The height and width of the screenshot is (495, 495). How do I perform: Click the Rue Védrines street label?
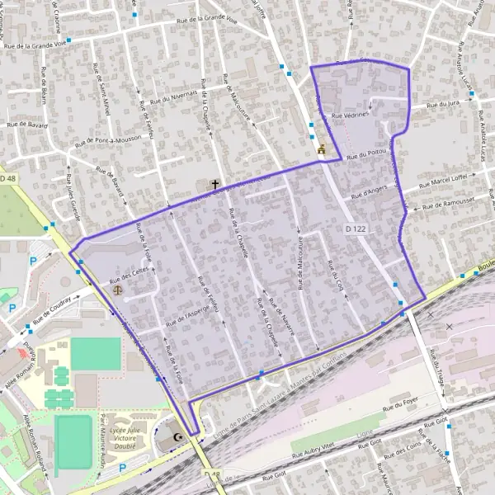(x=350, y=116)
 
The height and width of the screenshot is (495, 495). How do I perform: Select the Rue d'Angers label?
(x=369, y=194)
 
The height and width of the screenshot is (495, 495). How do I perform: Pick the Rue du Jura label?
(x=442, y=105)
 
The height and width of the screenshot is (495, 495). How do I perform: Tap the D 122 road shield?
(x=356, y=226)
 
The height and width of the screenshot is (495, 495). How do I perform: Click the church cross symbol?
(x=216, y=185)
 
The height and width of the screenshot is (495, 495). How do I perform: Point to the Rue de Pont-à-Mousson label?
(x=114, y=132)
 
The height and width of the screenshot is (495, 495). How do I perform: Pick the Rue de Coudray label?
(x=54, y=307)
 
